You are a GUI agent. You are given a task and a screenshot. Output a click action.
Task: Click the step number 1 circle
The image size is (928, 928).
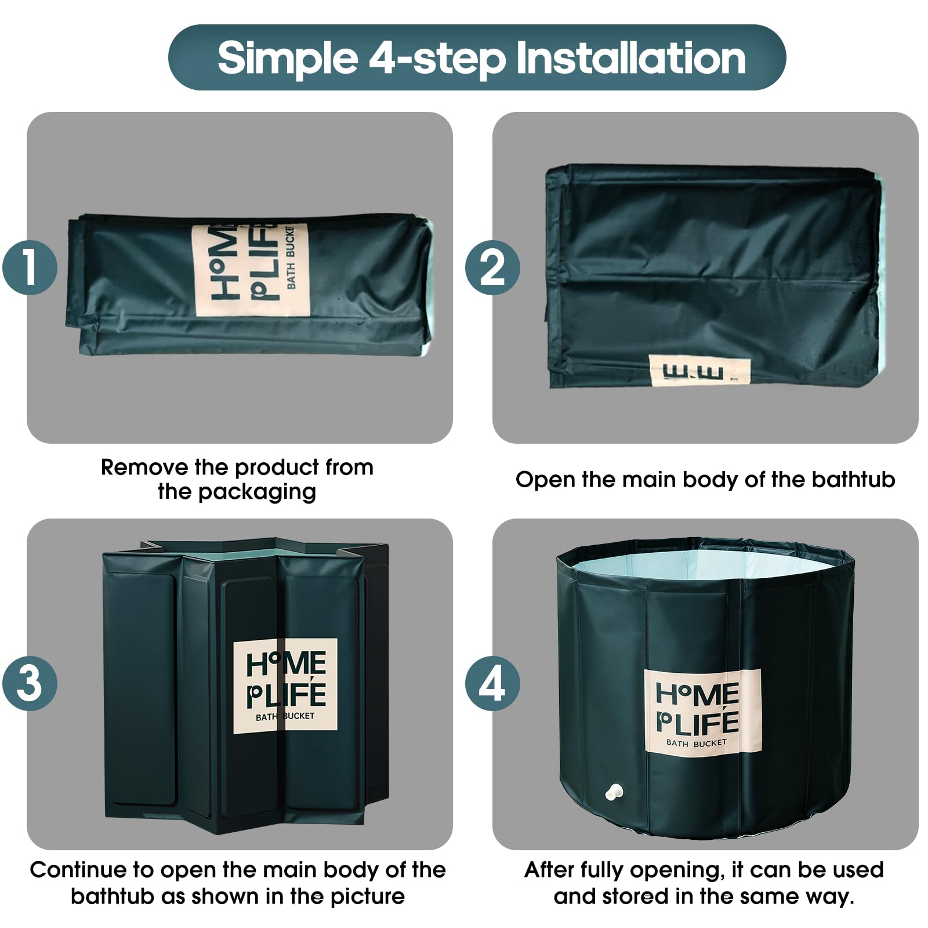(30, 268)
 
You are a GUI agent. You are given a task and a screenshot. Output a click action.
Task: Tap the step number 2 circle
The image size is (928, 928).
(492, 268)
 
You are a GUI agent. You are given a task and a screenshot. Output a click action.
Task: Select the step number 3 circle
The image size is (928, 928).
(30, 683)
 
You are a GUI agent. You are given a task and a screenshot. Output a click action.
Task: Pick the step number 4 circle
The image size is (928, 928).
(492, 683)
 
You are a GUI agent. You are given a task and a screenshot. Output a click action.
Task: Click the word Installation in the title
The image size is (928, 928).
(630, 57)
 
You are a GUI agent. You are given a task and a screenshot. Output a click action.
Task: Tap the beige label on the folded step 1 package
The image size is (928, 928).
(251, 270)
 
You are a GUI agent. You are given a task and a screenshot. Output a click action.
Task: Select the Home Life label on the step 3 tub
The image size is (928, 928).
(285, 686)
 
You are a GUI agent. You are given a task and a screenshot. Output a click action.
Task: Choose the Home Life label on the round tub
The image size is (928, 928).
(702, 711)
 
